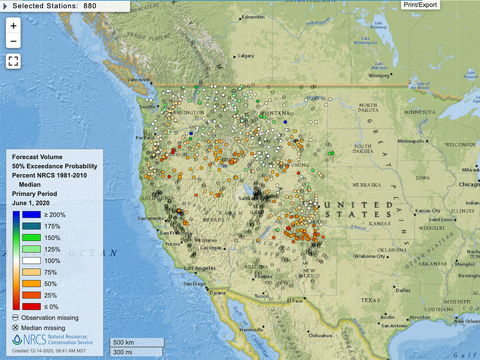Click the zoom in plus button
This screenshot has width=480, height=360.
pyautogui.click(x=13, y=25)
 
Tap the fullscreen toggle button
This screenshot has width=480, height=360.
pyautogui.click(x=13, y=61)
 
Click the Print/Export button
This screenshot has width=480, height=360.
pyautogui.click(x=420, y=5)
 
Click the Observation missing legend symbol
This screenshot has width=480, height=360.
pyautogui.click(x=16, y=317)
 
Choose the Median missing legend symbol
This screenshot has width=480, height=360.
pyautogui.click(x=16, y=328)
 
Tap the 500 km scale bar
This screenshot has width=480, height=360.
pyautogui.click(x=136, y=343)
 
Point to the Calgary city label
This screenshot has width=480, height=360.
pyautogui.click(x=245, y=56)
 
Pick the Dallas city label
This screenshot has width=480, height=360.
pyautogui.click(x=402, y=290)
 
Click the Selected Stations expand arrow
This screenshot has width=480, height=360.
pyautogui.click(x=5, y=5)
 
